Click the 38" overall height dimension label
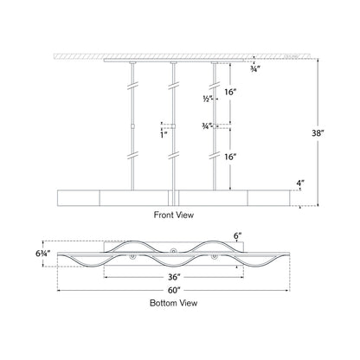pyautogui.click(x=319, y=133)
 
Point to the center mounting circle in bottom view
pyautogui.click(x=174, y=252)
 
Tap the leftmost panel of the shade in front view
pyautogui.click(x=76, y=195)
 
